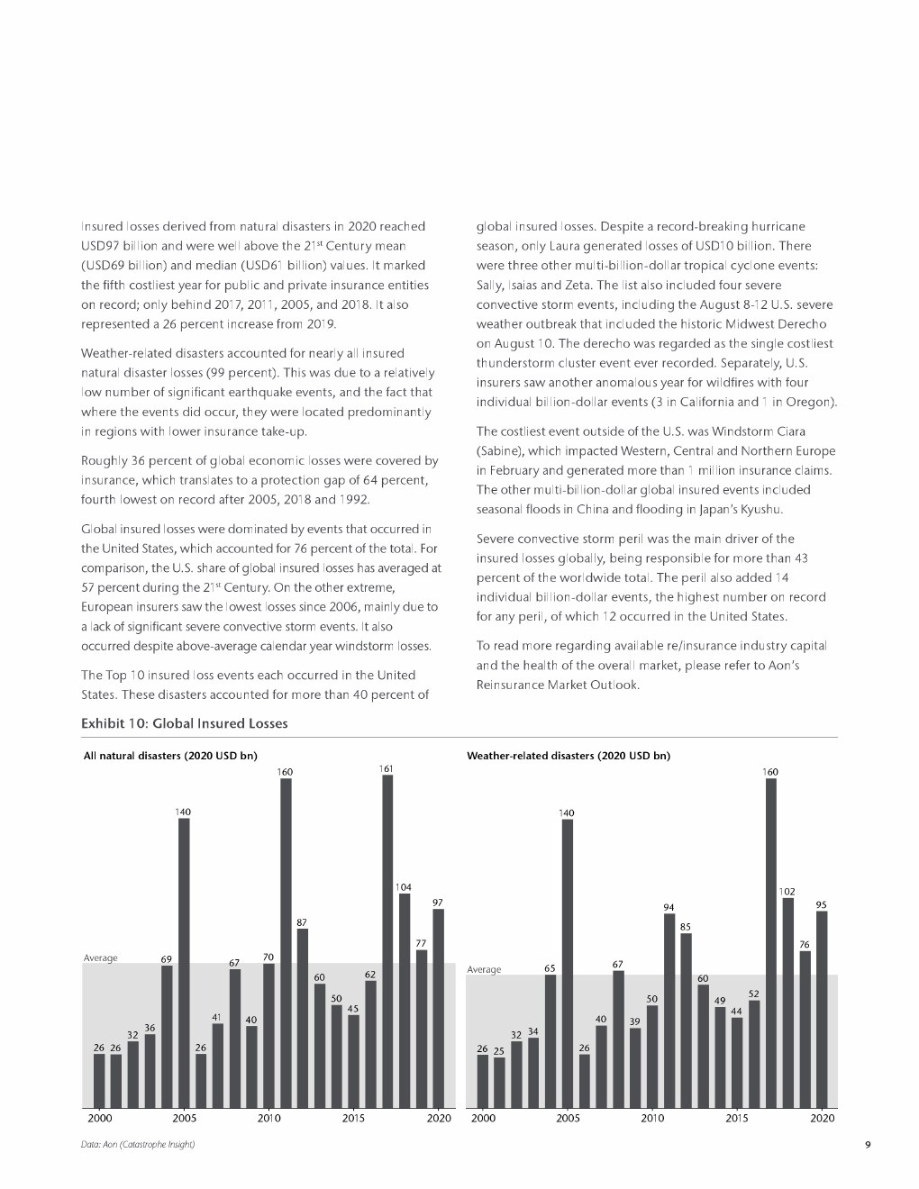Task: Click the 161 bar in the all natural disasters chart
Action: coord(387,941)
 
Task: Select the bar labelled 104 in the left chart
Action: coord(405,1000)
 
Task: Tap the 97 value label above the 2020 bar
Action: coord(438,902)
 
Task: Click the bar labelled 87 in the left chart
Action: coord(302,1018)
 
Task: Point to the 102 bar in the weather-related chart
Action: coord(787,1002)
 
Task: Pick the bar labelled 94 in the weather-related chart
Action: coord(669,1011)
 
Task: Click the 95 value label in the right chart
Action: coord(821,904)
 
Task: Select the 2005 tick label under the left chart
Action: coord(184,1118)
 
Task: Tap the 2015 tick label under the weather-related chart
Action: coord(736,1118)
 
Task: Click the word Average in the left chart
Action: coord(100,958)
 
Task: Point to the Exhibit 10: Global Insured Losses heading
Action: coord(184,723)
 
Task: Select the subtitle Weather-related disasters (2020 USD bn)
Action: coord(568,756)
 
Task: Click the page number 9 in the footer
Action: coord(867,1145)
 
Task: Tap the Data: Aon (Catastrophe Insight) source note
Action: coord(138,1145)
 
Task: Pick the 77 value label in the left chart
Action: coord(421,943)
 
